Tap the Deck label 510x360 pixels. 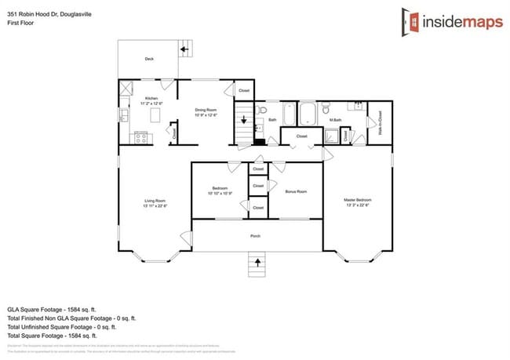pyautogui.click(x=149, y=59)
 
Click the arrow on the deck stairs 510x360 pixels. pyautogui.click(x=184, y=49)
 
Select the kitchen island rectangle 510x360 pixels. pyautogui.click(x=155, y=115)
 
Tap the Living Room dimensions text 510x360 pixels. pyautogui.click(x=155, y=206)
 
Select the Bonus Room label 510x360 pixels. pyautogui.click(x=295, y=191)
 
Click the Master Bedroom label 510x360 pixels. pyautogui.click(x=357, y=201)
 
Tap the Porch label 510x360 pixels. pyautogui.click(x=255, y=236)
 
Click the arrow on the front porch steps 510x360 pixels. pyautogui.click(x=255, y=261)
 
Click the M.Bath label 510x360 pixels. pyautogui.click(x=335, y=119)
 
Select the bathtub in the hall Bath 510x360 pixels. pyautogui.click(x=287, y=115)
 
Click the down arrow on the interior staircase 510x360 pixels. pyautogui.click(x=244, y=121)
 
